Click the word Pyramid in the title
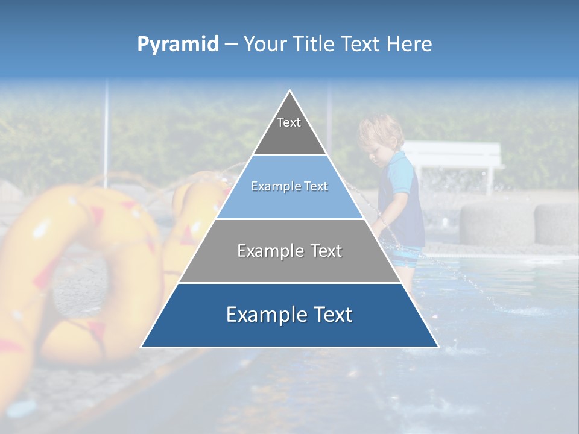coord(178,45)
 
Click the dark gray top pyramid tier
coord(289,130)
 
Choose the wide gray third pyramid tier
coord(289,253)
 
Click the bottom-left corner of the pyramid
coord(142,347)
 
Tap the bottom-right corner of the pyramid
coord(437,347)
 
